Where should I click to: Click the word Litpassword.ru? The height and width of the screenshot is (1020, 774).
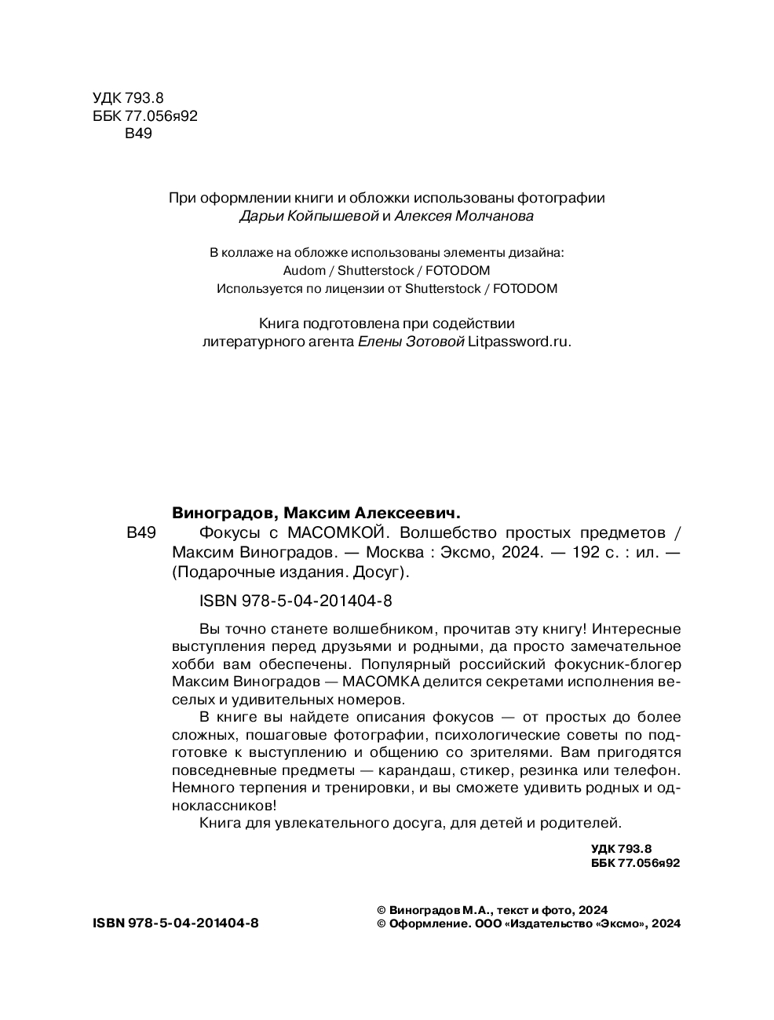click(x=519, y=342)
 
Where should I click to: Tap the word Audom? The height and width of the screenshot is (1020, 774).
click(x=303, y=270)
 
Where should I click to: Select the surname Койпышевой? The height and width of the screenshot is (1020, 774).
click(x=323, y=216)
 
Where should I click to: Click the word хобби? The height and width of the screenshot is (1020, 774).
click(x=189, y=664)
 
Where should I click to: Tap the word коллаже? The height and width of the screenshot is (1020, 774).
click(x=250, y=253)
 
